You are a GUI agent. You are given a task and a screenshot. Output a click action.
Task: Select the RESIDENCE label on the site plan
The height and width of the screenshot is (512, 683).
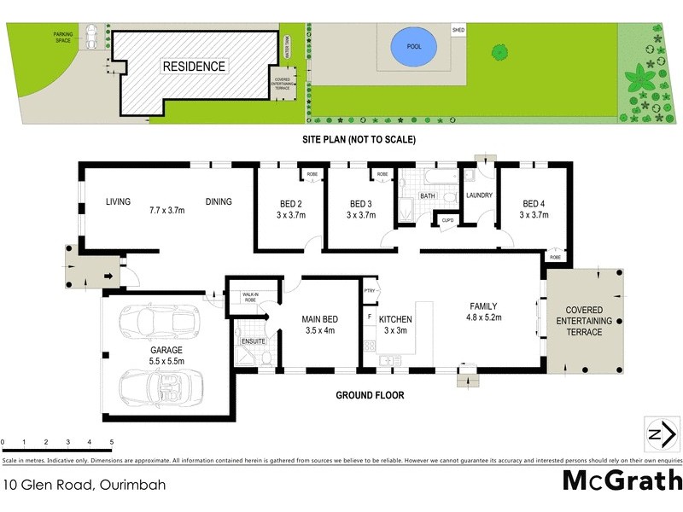[195, 67]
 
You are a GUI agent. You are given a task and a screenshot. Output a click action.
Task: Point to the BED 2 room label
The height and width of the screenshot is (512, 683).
[290, 204]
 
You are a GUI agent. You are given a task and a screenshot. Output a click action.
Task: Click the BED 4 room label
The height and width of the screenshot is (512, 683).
[534, 204]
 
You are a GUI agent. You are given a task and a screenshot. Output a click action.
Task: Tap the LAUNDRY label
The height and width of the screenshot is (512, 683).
[480, 195]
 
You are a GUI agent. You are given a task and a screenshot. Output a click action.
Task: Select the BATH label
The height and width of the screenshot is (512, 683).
[428, 195]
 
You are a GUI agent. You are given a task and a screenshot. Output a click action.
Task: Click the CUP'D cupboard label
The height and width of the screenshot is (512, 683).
[447, 221]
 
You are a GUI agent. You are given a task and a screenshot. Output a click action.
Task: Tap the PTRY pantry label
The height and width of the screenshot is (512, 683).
[369, 290]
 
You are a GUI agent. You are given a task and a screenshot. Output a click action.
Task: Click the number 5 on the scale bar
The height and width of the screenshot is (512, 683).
[112, 442]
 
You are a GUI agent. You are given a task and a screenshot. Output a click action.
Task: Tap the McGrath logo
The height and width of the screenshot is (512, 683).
[622, 480]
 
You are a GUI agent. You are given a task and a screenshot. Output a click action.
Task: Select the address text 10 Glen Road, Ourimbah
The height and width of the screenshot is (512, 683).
[83, 484]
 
